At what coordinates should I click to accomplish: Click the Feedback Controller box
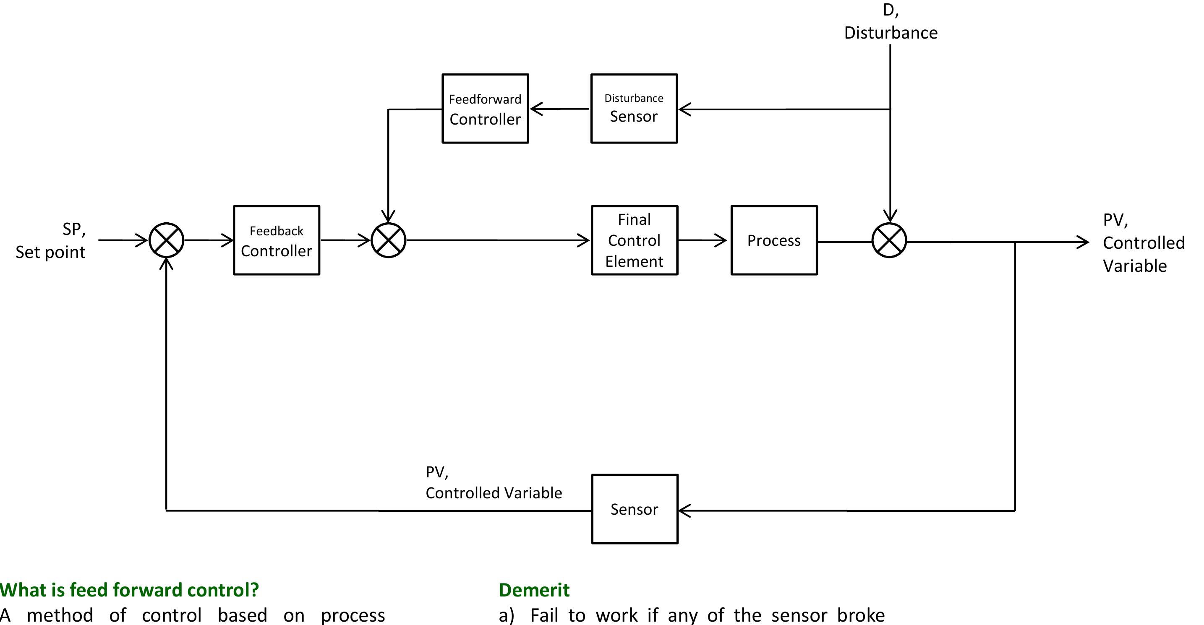click(x=276, y=240)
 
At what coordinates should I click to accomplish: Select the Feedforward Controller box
click(x=485, y=108)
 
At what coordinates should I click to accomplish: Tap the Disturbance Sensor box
click(x=634, y=108)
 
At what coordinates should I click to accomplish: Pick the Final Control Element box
click(x=634, y=240)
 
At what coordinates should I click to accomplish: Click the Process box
click(x=774, y=240)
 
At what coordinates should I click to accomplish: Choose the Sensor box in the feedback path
click(x=634, y=509)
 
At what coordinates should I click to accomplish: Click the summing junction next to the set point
click(x=166, y=240)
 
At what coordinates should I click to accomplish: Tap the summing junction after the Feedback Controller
click(x=389, y=240)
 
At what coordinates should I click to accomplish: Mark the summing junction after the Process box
click(x=889, y=240)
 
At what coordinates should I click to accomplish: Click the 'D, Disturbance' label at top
click(x=891, y=22)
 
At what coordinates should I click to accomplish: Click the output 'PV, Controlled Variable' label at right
click(x=1143, y=243)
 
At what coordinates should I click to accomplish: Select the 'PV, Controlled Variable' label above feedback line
click(x=493, y=483)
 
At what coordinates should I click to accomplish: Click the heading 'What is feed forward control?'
click(x=130, y=590)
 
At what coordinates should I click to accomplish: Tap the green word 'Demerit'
click(x=534, y=590)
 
